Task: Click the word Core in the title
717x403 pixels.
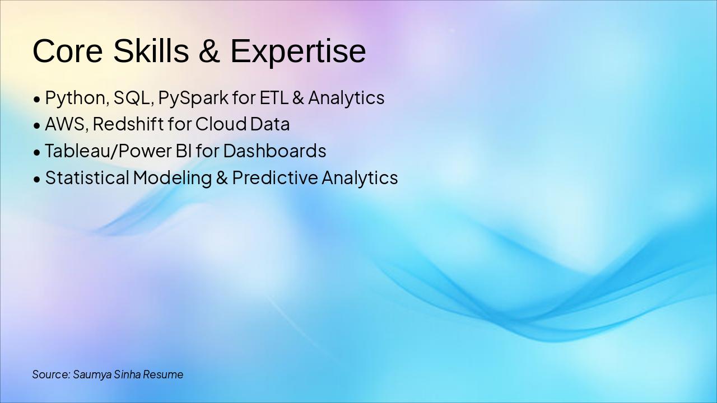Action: pyautogui.click(x=68, y=51)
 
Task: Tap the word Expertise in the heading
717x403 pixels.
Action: pyautogui.click(x=298, y=53)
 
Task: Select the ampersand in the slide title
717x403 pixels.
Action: pyautogui.click(x=209, y=50)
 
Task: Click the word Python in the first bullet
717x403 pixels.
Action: pyautogui.click(x=76, y=98)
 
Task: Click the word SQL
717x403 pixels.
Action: pyautogui.click(x=132, y=98)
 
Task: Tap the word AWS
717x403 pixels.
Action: pyautogui.click(x=65, y=124)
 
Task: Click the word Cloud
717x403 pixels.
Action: pyautogui.click(x=221, y=124)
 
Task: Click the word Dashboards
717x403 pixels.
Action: pyautogui.click(x=274, y=151)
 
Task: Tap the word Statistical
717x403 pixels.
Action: pyautogui.click(x=87, y=177)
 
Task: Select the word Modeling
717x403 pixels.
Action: pyautogui.click(x=172, y=178)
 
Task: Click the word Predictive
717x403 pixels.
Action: pyautogui.click(x=275, y=177)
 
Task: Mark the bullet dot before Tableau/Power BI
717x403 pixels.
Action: pyautogui.click(x=37, y=152)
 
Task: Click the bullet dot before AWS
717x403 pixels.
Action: pyautogui.click(x=37, y=125)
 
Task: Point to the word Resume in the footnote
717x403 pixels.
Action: pyautogui.click(x=163, y=374)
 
